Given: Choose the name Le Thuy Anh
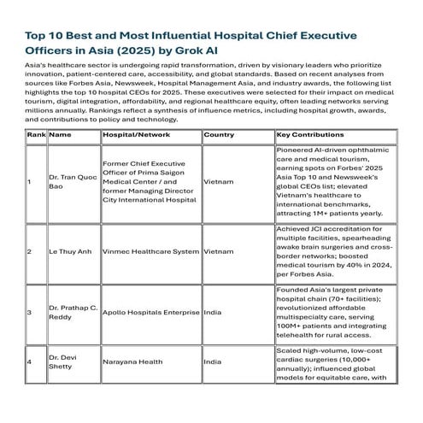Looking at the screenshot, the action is [x=68, y=252].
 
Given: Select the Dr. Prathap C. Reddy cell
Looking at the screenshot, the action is [x=71, y=312].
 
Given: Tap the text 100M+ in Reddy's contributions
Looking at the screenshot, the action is [x=295, y=324].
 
